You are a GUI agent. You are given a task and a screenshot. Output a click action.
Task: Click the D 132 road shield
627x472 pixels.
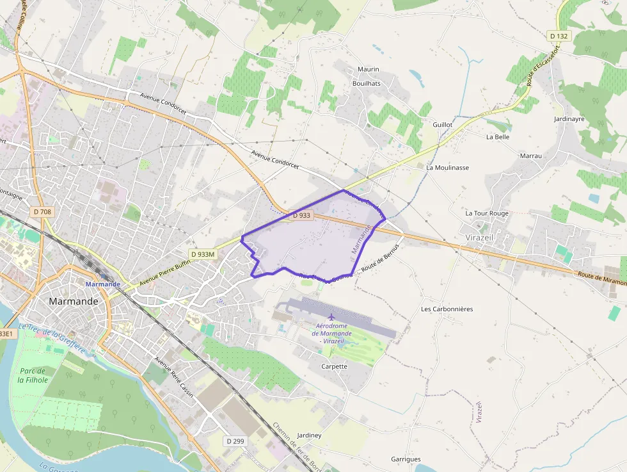coord(559,37)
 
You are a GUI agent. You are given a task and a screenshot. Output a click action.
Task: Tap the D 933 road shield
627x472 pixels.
coord(301,216)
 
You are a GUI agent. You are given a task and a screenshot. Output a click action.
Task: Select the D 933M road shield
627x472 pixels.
coord(203,254)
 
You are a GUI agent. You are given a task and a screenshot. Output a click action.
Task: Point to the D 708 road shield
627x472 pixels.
coord(42,212)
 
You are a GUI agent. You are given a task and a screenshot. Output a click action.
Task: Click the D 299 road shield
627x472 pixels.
coord(235,441)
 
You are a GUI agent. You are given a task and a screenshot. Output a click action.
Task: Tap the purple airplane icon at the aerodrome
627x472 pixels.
coord(331,317)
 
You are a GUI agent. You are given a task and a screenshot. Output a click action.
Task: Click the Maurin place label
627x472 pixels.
coord(368,69)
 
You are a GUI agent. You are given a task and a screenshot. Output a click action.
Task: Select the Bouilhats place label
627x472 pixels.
coord(367,83)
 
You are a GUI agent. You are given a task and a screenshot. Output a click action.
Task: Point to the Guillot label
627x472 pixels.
coord(442,125)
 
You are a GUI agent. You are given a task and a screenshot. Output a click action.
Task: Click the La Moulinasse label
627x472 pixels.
coord(447,168)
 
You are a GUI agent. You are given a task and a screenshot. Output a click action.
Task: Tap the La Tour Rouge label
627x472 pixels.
coord(487,213)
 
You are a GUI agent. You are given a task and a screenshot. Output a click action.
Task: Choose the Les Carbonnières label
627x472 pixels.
coord(447,309)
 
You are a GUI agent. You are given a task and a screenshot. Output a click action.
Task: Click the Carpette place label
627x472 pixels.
coord(334,366)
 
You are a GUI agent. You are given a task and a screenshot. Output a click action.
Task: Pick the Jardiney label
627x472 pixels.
coord(310,435)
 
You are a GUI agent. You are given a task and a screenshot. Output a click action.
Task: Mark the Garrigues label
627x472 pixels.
coord(406,459)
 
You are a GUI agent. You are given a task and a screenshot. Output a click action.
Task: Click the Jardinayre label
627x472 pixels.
coord(570,119)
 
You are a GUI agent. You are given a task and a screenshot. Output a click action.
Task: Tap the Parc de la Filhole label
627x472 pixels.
coord(33,375)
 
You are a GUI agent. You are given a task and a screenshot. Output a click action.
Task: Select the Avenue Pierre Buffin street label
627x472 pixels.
coord(165,272)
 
